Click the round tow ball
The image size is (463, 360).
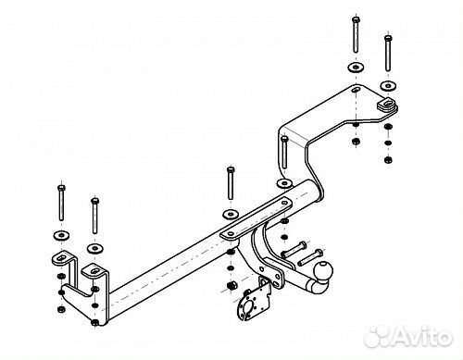tap(323, 271)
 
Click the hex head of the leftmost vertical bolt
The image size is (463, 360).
tap(61, 188)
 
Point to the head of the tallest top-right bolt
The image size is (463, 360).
tap(356, 20)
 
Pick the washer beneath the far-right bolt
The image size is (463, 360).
tap(388, 86)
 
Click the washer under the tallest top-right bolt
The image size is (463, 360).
tap(356, 68)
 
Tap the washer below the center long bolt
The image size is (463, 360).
tap(231, 214)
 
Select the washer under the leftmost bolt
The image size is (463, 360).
tap(61, 236)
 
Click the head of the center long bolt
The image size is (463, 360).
tap(231, 169)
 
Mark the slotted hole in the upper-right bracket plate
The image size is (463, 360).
tap(356, 90)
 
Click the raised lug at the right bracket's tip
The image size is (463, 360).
tap(387, 104)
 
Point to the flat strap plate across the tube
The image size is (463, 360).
tap(256, 218)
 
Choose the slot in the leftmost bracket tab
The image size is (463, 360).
tap(62, 257)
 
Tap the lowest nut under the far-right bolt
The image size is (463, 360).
tap(388, 160)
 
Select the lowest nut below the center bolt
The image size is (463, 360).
tap(231, 286)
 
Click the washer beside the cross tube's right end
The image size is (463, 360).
tap(284, 183)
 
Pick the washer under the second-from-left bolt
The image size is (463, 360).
tap(95, 248)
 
